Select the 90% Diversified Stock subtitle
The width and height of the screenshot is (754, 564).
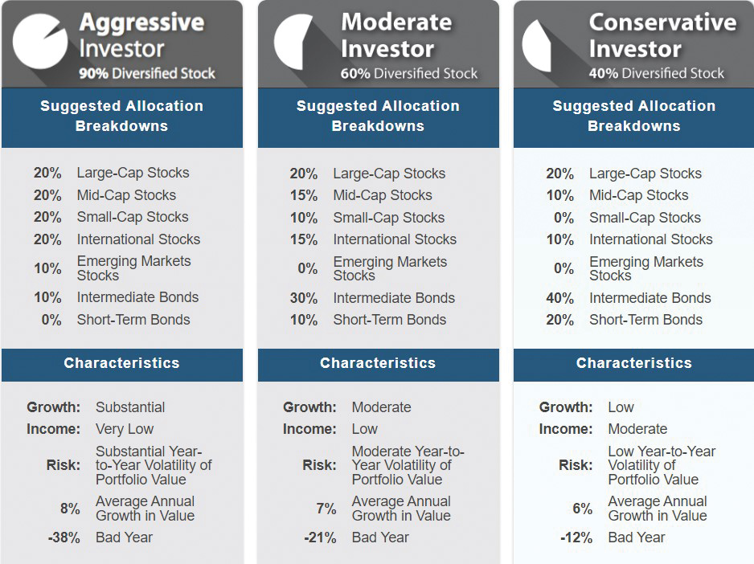[147, 74]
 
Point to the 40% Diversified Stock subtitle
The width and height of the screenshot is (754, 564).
[656, 74]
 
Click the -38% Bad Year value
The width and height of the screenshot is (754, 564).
[64, 537]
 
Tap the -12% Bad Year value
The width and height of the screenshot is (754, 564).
[576, 537]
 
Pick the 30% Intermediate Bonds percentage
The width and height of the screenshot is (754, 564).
[304, 298]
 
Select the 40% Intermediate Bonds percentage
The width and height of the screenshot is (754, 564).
[559, 298]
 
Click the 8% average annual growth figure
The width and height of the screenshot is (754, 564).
[70, 509]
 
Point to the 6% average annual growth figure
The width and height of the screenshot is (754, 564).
[582, 509]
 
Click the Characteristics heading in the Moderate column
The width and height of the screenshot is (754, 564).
[378, 363]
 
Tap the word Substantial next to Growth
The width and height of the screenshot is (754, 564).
[130, 407]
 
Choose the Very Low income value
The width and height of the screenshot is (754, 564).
[125, 429]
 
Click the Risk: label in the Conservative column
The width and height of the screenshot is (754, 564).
[576, 465]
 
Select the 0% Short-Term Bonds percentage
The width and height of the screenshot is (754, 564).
[51, 320]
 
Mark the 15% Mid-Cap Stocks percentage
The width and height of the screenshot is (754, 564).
[304, 195]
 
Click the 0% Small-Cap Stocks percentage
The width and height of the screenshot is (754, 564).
[563, 218]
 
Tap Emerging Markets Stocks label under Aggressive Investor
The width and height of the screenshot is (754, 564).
[133, 268]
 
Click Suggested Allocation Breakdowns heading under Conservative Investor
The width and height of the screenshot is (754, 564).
[634, 116]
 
